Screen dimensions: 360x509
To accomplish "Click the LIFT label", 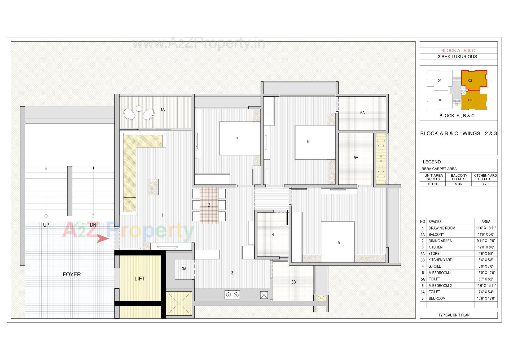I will pyautogui.click(x=140, y=279).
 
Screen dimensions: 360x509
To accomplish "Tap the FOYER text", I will pyautogui.click(x=72, y=274).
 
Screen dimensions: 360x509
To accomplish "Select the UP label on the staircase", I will pyautogui.click(x=46, y=225).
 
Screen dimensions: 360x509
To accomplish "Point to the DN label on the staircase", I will pyautogui.click(x=93, y=225).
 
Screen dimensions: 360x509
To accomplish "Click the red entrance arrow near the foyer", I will pyautogui.click(x=102, y=238).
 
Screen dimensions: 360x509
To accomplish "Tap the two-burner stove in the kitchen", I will pyautogui.click(x=232, y=295).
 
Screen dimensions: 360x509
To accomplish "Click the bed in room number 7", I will pyautogui.click(x=240, y=138).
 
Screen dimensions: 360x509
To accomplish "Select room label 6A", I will pyautogui.click(x=362, y=113).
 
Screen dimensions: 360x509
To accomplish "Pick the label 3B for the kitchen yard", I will pyautogui.click(x=293, y=282).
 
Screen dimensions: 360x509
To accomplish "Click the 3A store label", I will pyautogui.click(x=184, y=269).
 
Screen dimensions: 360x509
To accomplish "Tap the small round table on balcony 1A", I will pyautogui.click(x=139, y=108).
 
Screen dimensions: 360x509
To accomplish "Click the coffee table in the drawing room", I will pyautogui.click(x=153, y=187).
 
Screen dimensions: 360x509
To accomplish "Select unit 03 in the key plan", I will pyautogui.click(x=470, y=100).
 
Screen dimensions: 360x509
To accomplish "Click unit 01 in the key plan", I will pyautogui.click(x=440, y=80).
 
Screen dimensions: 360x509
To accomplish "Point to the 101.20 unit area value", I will pyautogui.click(x=433, y=184).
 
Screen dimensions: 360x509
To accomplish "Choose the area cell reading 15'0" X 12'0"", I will pyautogui.click(x=486, y=273).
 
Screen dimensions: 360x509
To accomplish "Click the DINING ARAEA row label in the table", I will pyautogui.click(x=440, y=241).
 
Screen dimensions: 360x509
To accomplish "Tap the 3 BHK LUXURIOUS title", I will pyautogui.click(x=457, y=57).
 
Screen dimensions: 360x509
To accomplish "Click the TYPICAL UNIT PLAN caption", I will pyautogui.click(x=454, y=315).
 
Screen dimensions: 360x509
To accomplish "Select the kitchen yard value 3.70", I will pyautogui.click(x=485, y=184).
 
